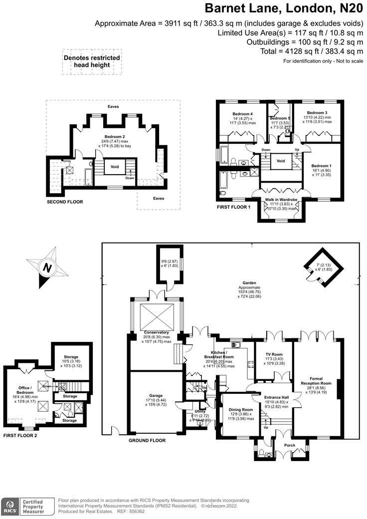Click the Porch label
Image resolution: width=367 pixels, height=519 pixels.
[289, 445]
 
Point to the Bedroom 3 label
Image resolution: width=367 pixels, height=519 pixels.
[317, 113]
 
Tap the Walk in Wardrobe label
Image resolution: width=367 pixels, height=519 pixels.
[281, 200]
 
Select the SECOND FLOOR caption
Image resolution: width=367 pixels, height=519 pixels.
[65, 202]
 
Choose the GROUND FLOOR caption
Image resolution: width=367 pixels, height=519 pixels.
[147, 441]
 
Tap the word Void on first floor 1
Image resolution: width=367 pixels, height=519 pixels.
[281, 161]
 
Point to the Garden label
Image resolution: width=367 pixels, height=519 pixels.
[249, 283]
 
